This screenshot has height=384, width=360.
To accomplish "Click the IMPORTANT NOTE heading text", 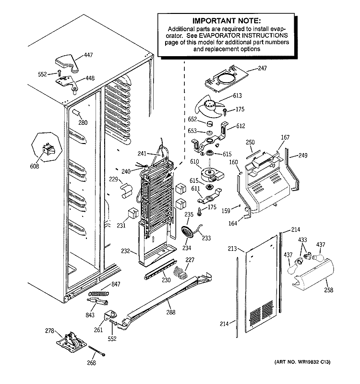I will (226, 21).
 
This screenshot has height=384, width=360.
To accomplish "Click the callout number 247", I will (262, 69).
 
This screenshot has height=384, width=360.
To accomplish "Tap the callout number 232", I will (125, 250).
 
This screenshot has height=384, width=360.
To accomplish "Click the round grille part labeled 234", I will (188, 233).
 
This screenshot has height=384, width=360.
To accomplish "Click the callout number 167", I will (285, 138).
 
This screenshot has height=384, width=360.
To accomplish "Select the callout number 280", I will (83, 122).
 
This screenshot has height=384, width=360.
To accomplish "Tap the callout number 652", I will (193, 120).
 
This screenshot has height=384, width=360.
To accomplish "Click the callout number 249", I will (303, 155).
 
